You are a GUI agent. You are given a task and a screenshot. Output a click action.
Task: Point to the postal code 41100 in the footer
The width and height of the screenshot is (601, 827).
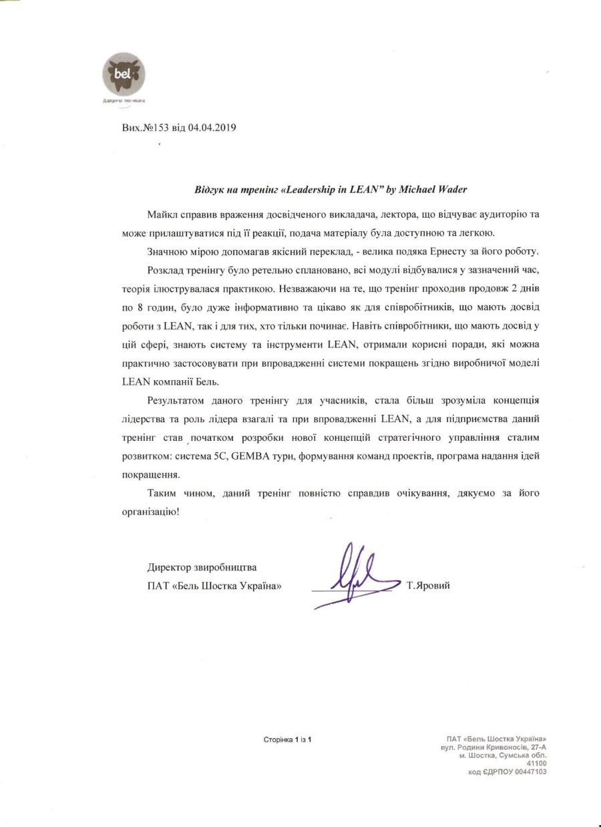click(x=536, y=764)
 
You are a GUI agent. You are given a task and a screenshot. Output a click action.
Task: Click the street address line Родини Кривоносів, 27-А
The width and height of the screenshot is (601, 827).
click(x=503, y=748)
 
